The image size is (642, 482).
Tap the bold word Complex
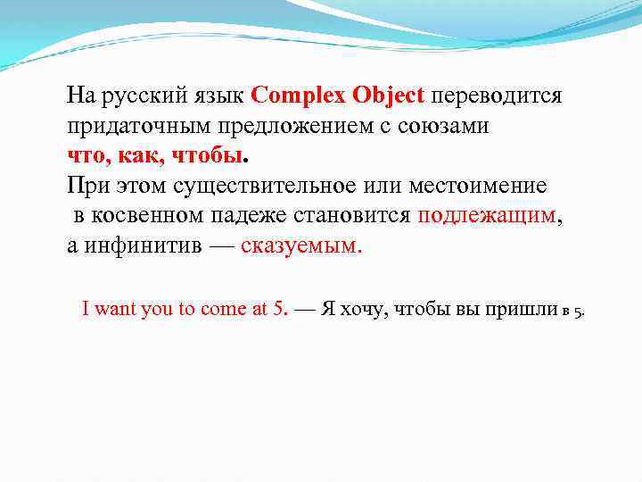299,96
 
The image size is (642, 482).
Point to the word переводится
497,96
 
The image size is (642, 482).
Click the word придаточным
124,127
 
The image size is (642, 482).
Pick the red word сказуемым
300,245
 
